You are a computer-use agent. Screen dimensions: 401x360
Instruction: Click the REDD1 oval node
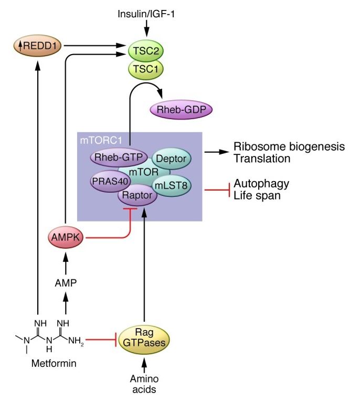(x=37, y=47)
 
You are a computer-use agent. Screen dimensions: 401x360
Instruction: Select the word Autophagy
(x=261, y=184)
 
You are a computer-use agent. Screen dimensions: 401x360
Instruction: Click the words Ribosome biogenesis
(x=289, y=146)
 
